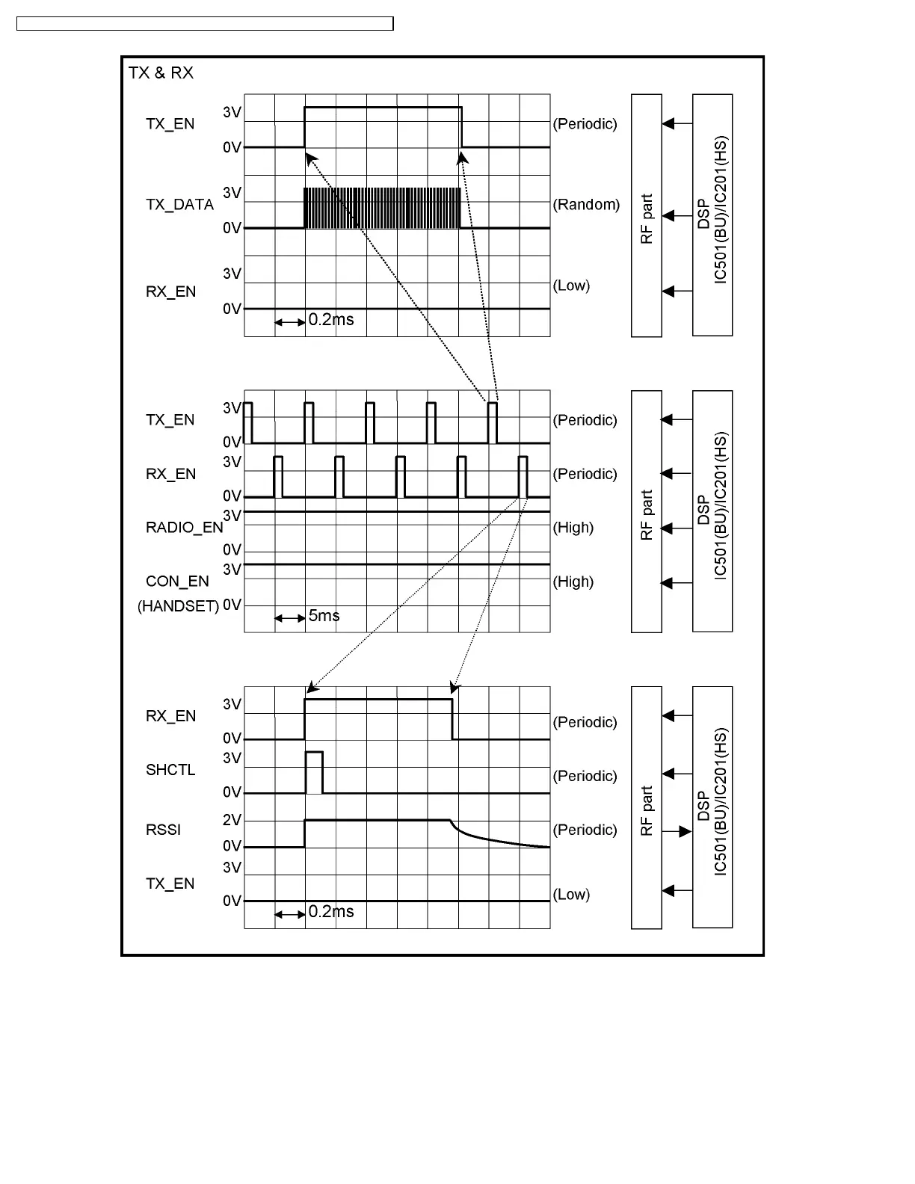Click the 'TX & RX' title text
161,73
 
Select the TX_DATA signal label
179,205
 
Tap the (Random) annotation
586,205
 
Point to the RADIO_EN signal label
184,528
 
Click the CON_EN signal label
177,582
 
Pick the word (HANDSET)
178,606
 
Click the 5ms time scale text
324,616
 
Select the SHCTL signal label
170,770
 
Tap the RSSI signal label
163,830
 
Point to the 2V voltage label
232,820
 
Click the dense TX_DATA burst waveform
381,208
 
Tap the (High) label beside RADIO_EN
573,528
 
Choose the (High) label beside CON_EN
573,582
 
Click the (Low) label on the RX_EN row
571,286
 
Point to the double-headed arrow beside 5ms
289,618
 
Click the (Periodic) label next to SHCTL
585,776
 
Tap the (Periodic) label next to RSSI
585,830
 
